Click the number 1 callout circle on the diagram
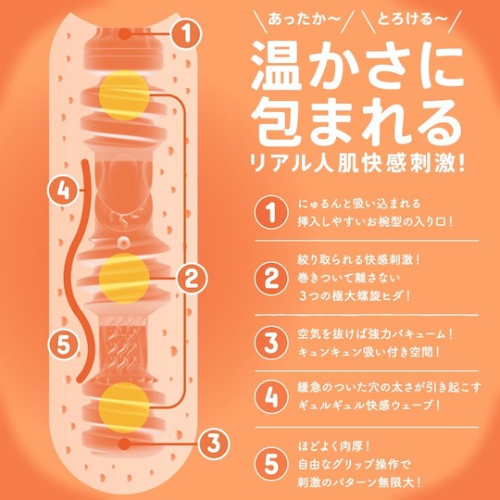(186, 34)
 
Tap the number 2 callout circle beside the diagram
(192, 278)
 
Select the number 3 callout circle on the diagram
(214, 444)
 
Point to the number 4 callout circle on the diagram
(63, 191)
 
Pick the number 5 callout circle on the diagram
(63, 344)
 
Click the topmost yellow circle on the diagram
(124, 95)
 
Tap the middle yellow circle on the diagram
(124, 278)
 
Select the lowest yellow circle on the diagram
(124, 407)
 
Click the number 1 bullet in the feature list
(271, 212)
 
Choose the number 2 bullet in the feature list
(271, 278)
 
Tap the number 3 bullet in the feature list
(271, 343)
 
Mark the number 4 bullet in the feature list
(271, 396)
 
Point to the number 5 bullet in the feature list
(271, 464)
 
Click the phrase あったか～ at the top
(305, 19)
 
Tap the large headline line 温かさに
(357, 66)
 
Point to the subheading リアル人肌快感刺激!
(356, 163)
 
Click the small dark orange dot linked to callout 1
(124, 34)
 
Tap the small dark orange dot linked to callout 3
(124, 444)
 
